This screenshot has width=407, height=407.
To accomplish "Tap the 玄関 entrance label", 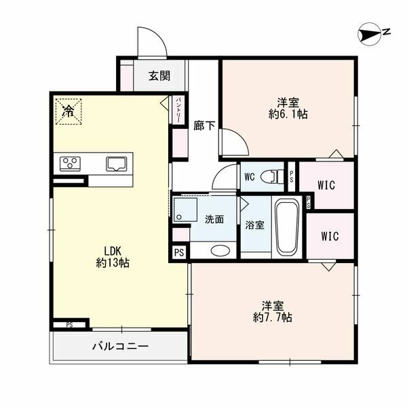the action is [x=159, y=75].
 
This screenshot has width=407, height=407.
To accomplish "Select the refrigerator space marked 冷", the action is [x=69, y=111].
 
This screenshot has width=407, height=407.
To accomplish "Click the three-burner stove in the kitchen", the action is [x=70, y=163].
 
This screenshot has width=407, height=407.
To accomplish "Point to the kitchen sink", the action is [x=117, y=163].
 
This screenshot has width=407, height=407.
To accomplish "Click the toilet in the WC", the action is [x=271, y=177].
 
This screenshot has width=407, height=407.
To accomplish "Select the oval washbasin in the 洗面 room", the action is [x=220, y=250].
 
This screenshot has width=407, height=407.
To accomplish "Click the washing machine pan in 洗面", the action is [x=185, y=210].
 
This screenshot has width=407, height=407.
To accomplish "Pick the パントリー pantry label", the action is [x=178, y=111].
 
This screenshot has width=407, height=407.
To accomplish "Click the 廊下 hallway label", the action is [x=204, y=126].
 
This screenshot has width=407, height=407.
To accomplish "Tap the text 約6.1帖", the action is [x=288, y=114].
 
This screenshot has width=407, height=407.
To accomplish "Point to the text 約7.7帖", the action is [x=273, y=317].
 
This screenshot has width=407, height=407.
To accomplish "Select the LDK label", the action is [x=113, y=251].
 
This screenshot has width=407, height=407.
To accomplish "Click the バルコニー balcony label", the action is [x=121, y=346].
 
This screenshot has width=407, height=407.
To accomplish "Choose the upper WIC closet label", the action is [x=326, y=185].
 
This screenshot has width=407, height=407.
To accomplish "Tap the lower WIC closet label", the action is [x=330, y=236].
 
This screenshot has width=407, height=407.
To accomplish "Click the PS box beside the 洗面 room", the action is [x=179, y=252].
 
